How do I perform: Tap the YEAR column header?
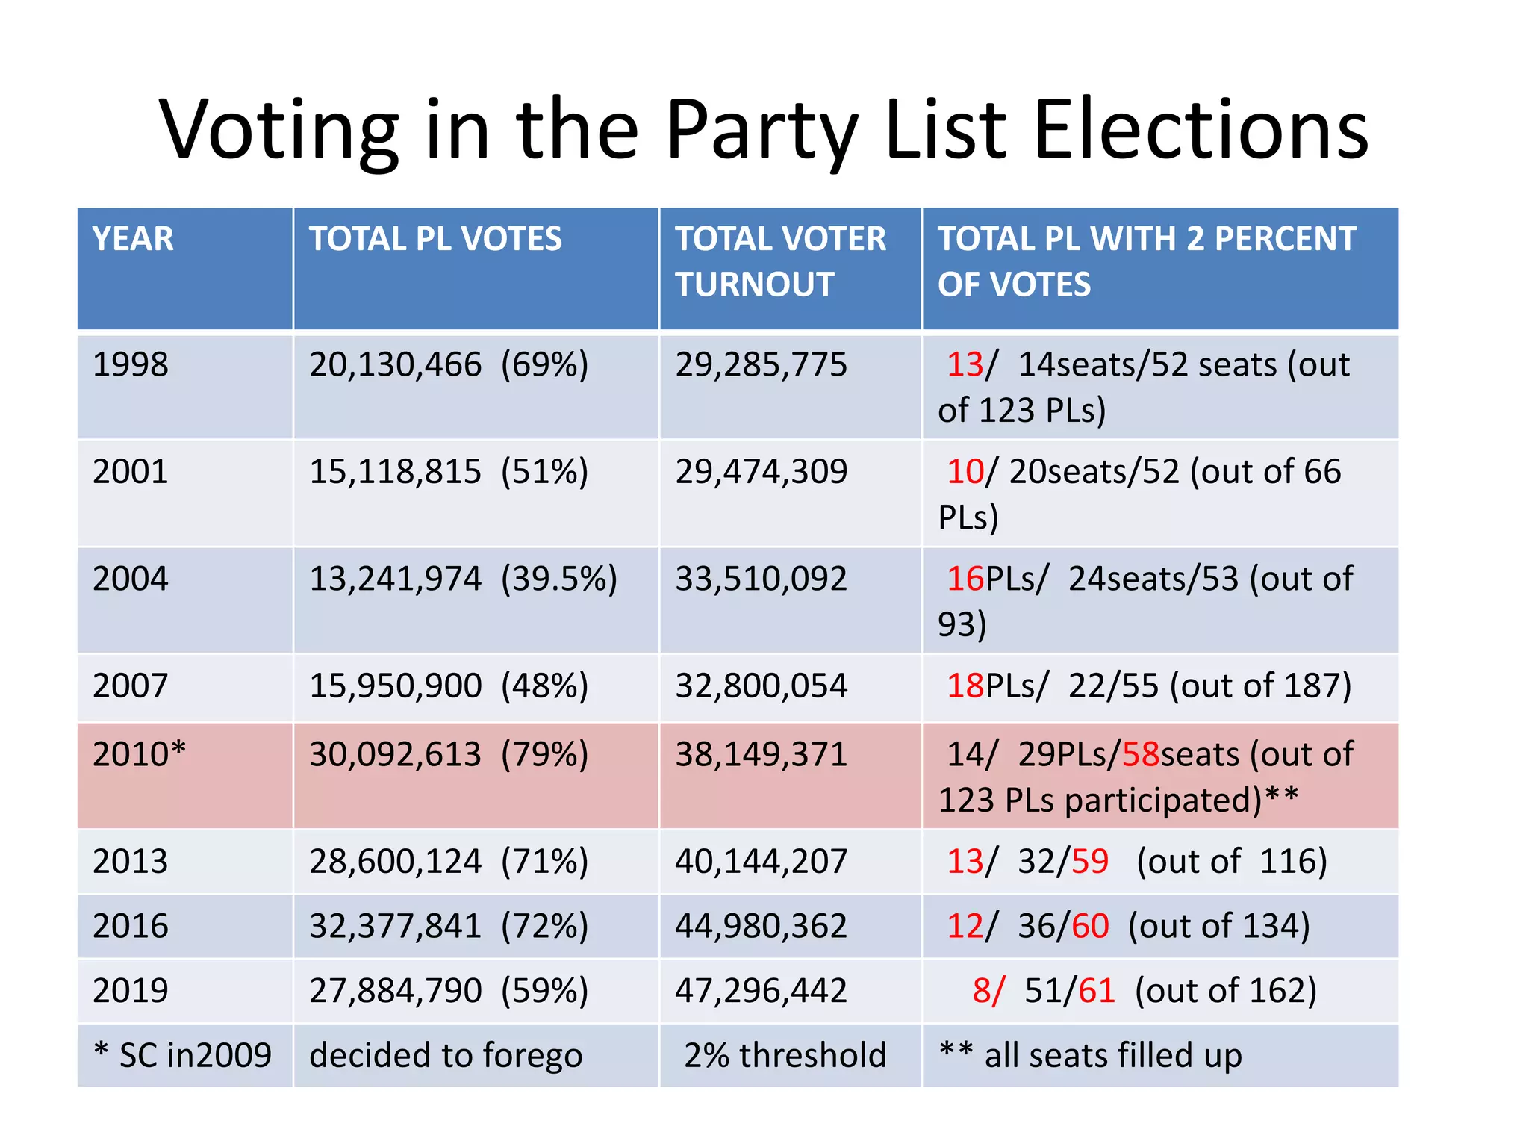click(133, 239)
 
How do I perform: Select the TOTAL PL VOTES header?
click(435, 239)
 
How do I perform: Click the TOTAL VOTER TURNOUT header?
click(780, 261)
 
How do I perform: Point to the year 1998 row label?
click(131, 365)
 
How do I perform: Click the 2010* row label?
click(139, 754)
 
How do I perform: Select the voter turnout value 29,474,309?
click(761, 472)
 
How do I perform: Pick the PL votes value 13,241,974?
click(395, 579)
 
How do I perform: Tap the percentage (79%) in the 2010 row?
click(544, 754)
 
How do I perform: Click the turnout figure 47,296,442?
click(761, 991)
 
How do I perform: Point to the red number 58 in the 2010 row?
click(1141, 754)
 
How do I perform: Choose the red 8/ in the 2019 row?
click(988, 991)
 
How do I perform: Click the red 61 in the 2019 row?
click(1096, 991)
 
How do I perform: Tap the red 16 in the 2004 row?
click(965, 579)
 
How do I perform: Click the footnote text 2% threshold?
click(785, 1056)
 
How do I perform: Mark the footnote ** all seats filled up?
click(1090, 1056)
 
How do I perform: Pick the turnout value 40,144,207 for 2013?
click(761, 862)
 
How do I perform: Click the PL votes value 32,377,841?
click(395, 927)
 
